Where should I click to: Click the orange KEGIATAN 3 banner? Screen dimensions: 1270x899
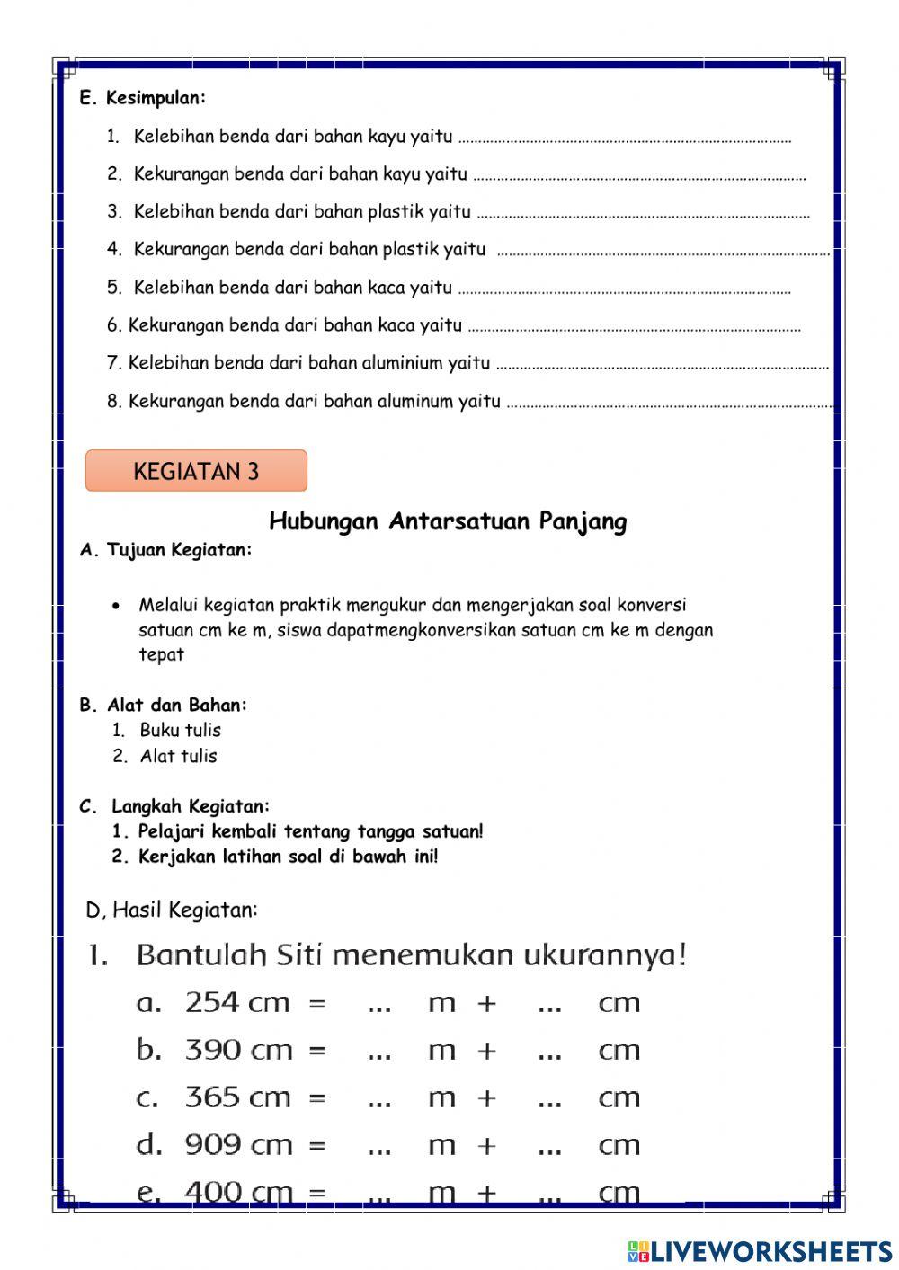click(x=196, y=471)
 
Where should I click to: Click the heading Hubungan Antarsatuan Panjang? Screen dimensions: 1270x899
click(x=448, y=521)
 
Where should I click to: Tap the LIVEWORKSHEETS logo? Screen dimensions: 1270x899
click(x=760, y=1250)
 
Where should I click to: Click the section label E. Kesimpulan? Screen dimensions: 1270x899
click(x=143, y=98)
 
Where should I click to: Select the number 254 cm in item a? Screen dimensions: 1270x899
click(x=237, y=1002)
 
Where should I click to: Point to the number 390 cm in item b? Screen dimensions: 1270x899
click(x=237, y=1050)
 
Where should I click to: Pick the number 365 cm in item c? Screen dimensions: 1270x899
click(x=237, y=1097)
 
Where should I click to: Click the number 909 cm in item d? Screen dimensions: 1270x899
click(x=237, y=1145)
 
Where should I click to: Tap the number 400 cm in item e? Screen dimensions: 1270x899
click(x=237, y=1192)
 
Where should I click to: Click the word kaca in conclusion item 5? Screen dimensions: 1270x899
click(x=387, y=288)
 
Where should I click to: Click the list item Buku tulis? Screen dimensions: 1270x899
click(x=180, y=731)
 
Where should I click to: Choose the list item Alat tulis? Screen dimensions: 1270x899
click(x=178, y=757)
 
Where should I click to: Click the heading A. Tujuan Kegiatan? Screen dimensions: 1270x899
click(x=166, y=550)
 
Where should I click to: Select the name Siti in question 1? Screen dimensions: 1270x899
click(x=299, y=955)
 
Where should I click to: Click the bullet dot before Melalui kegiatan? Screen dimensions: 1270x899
click(x=116, y=606)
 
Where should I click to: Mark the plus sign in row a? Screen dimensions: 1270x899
click(x=486, y=1003)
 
